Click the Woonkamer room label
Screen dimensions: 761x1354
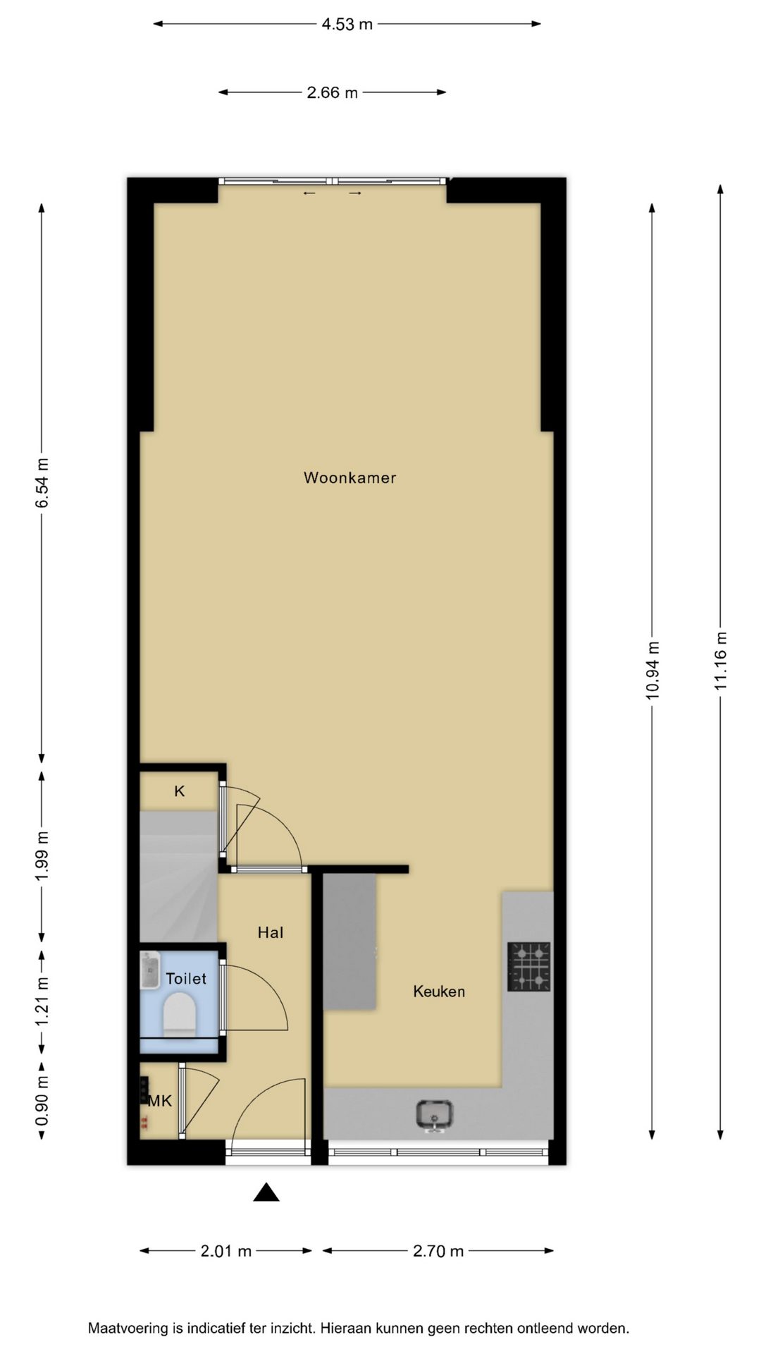(349, 477)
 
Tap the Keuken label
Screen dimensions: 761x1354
(439, 992)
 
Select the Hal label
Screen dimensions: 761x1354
(271, 932)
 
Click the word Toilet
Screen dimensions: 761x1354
(186, 978)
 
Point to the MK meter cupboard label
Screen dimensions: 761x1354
(160, 1101)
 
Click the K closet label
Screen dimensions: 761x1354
(180, 791)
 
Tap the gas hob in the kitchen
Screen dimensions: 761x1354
(529, 967)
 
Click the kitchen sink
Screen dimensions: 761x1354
(435, 1115)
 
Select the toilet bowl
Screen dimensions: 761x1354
(179, 1015)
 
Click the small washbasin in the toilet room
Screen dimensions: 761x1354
(150, 970)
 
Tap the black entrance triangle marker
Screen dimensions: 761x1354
(266, 1192)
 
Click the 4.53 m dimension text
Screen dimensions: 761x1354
(347, 24)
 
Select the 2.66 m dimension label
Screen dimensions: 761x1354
(333, 92)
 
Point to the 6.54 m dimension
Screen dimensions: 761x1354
(43, 482)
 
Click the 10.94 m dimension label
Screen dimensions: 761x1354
(652, 671)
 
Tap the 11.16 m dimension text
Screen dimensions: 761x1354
(721, 661)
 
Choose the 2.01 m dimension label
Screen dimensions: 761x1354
(226, 1251)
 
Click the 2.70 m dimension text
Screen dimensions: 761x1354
(438, 1251)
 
